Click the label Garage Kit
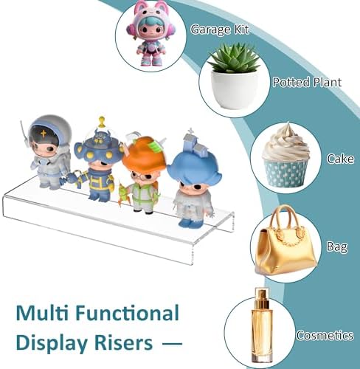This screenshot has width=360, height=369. [x=220, y=30]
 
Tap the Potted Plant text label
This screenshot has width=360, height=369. [x=307, y=82]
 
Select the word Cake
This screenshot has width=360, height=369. [x=340, y=159]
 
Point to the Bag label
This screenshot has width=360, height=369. [x=337, y=246]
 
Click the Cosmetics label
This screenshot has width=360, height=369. [x=325, y=335]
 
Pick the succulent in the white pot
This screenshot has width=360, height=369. [x=235, y=76]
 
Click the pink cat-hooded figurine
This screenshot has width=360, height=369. [x=150, y=33]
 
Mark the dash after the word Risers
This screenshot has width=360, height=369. [x=173, y=344]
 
